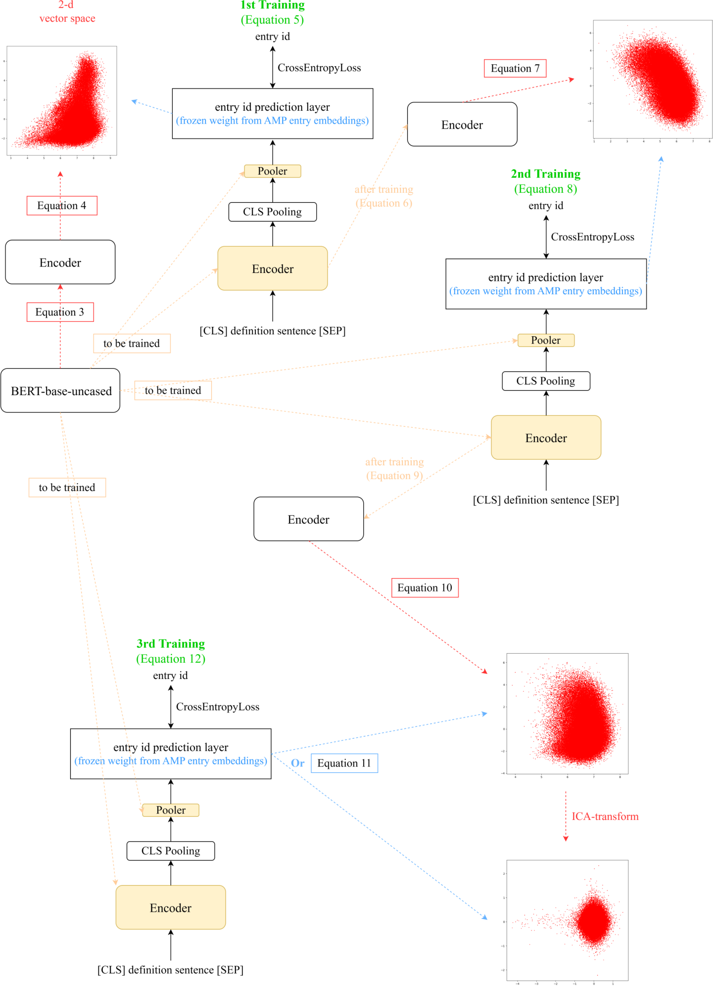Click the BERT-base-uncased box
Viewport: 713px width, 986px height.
60,391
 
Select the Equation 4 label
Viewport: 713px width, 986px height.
62,206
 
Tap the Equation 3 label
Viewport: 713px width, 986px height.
60,312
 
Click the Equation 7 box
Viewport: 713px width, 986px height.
515,68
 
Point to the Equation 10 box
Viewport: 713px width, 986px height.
425,588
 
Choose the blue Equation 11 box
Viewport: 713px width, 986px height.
344,763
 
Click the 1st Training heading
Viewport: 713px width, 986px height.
272,5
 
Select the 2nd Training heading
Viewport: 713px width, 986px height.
545,174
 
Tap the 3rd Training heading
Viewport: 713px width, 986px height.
171,644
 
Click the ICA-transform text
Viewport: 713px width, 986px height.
605,816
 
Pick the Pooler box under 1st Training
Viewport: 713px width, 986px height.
272,171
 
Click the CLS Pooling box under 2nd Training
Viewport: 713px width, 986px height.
546,381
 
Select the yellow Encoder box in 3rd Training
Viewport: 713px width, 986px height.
171,907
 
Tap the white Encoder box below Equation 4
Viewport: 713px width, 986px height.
60,262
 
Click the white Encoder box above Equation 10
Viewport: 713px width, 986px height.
308,519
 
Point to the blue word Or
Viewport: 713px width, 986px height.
297,763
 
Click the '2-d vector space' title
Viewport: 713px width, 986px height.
67,12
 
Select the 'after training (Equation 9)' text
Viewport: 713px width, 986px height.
394,468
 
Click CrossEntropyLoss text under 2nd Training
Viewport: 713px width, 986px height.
592,237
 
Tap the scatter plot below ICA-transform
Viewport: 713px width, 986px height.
567,920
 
